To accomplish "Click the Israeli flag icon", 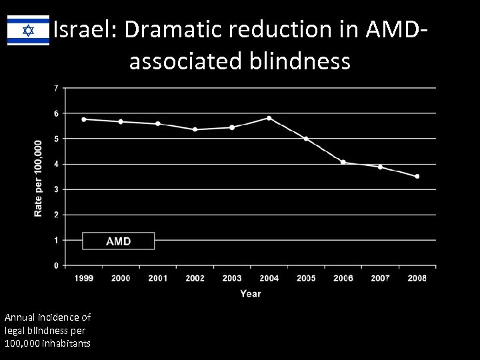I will [28, 31].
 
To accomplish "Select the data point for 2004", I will [269, 118].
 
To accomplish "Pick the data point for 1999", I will [83, 119].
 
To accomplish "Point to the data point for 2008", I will [417, 177].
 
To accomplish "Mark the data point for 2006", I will [343, 162].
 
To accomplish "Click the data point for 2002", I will [195, 129].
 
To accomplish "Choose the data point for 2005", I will [306, 139].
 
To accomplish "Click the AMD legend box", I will [118, 241].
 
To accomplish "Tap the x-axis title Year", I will [250, 293].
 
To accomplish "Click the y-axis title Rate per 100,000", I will [38, 177].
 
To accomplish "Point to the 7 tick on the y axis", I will [55, 88].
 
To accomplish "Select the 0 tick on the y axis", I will [55, 265].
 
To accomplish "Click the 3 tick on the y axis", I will [55, 189].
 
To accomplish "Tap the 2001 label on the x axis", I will [157, 278].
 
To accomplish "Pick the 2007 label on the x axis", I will [379, 278].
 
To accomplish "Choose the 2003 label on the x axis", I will [231, 278].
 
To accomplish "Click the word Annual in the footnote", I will [20, 317].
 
